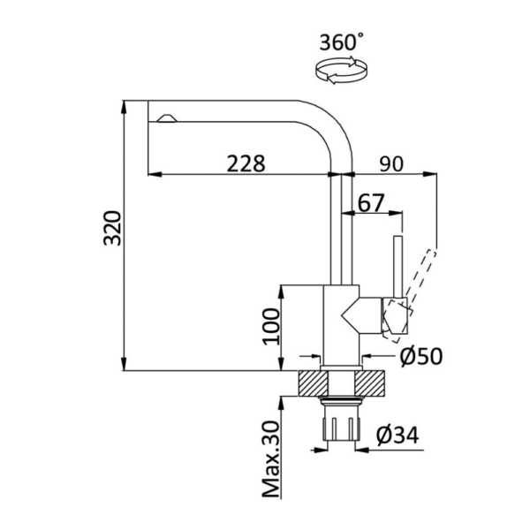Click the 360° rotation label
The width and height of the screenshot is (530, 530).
click(x=342, y=42)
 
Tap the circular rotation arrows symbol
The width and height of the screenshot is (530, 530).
click(x=341, y=71)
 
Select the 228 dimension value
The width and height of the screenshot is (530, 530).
click(x=246, y=163)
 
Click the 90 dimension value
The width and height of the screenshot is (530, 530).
click(x=391, y=163)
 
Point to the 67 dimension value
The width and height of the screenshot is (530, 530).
click(x=371, y=203)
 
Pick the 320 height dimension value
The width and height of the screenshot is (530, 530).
click(x=112, y=228)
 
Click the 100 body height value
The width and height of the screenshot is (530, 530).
click(x=271, y=327)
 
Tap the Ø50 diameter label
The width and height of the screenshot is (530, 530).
click(x=421, y=356)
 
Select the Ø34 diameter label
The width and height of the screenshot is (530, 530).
click(x=397, y=435)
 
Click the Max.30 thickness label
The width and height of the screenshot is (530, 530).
click(x=271, y=459)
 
